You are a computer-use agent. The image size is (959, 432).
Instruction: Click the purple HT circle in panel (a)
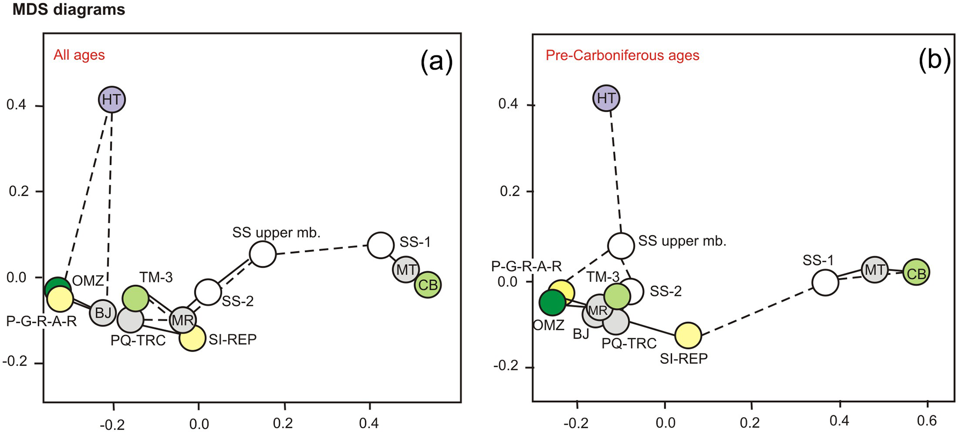pyautogui.click(x=112, y=99)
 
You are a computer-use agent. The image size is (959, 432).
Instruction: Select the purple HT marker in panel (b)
pyautogui.click(x=606, y=98)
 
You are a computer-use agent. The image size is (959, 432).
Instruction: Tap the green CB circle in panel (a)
pyautogui.click(x=428, y=285)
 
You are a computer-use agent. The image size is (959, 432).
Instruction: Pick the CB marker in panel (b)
pyautogui.click(x=916, y=273)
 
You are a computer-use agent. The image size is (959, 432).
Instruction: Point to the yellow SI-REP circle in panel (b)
pyautogui.click(x=688, y=335)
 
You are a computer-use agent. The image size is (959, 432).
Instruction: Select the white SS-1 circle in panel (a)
pyautogui.click(x=381, y=245)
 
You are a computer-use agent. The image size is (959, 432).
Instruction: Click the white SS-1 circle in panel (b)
pyautogui.click(x=825, y=282)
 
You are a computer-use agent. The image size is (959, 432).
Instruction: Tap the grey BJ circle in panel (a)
pyautogui.click(x=103, y=313)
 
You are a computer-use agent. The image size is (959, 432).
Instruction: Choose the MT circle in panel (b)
pyautogui.click(x=875, y=270)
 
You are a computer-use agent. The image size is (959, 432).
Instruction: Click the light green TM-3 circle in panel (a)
pyautogui.click(x=135, y=298)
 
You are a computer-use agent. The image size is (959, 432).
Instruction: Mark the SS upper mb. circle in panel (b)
pyautogui.click(x=621, y=246)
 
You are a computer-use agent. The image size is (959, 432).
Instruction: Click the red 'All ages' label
pyautogui.click(x=79, y=55)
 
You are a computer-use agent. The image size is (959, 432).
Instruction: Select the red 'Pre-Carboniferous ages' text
pyautogui.click(x=622, y=56)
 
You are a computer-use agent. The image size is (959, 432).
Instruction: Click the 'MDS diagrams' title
pyautogui.click(x=69, y=10)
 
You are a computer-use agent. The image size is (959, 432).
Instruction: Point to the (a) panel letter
pyautogui.click(x=436, y=61)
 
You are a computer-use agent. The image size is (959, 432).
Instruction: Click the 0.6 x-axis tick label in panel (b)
pyautogui.click(x=927, y=421)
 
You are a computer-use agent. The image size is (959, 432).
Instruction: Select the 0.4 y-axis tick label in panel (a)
pyautogui.click(x=16, y=105)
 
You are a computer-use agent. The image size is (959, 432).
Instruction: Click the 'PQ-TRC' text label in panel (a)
pyautogui.click(x=138, y=341)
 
